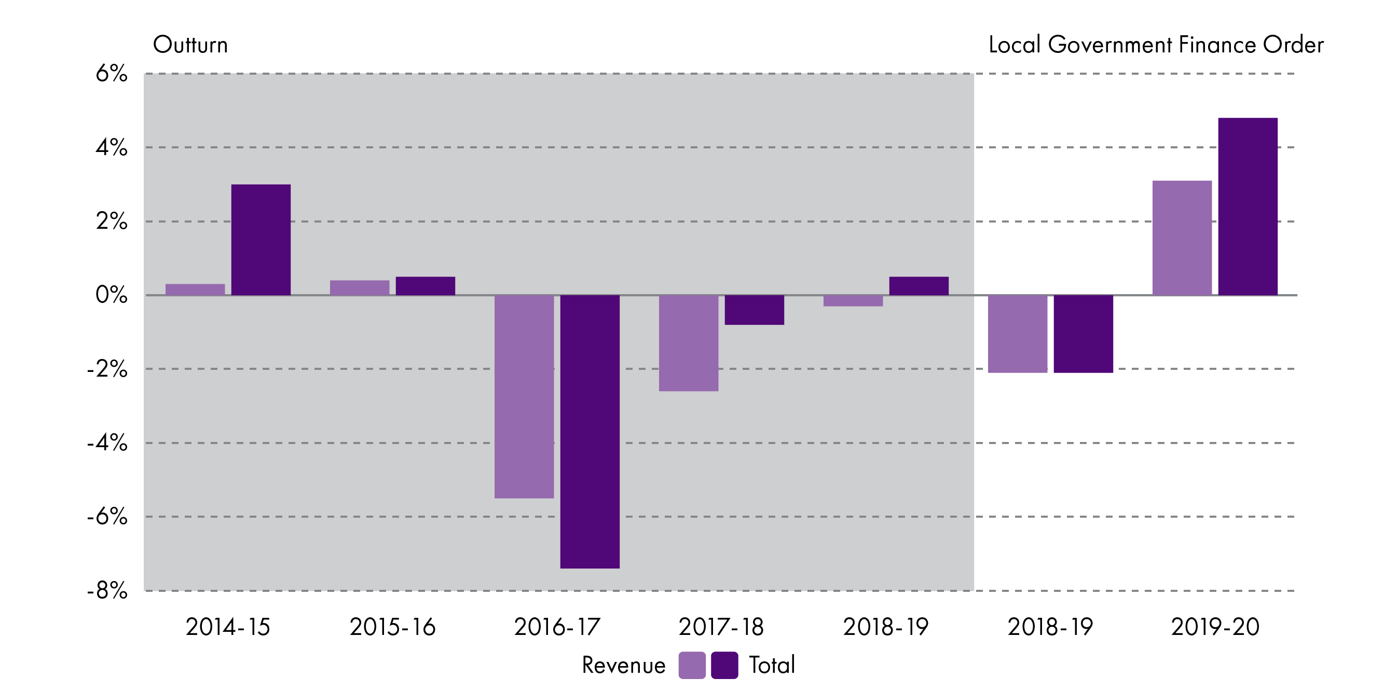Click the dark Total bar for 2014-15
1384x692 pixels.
tap(261, 240)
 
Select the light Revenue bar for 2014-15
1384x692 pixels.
tap(195, 289)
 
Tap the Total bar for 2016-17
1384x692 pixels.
tap(590, 432)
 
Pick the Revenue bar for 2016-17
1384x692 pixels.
tap(524, 396)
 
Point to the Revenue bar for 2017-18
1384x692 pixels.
tap(688, 343)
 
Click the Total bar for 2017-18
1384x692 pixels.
tap(754, 310)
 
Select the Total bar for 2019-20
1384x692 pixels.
tap(1248, 206)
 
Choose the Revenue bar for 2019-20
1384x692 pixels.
tap(1182, 238)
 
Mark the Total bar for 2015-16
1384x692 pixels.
tap(425, 286)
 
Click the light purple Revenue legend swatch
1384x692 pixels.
tap(692, 665)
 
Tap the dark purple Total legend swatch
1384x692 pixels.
tap(724, 665)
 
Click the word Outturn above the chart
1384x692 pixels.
tap(190, 45)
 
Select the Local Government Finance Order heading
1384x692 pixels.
tap(1156, 45)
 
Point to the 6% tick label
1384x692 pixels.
tap(111, 74)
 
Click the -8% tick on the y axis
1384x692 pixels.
tap(107, 591)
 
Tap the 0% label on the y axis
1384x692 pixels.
tap(111, 296)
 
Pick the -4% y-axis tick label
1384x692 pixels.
tap(107, 443)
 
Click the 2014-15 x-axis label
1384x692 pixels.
tap(228, 627)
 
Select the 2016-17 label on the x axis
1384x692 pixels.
tap(557, 627)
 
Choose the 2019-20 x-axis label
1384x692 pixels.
tap(1215, 627)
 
